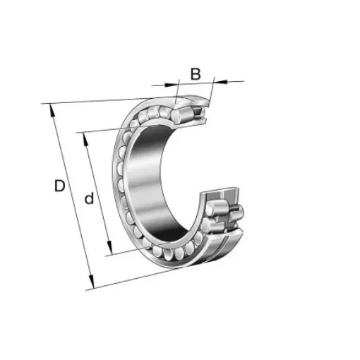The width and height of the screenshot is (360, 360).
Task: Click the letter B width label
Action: tap(196, 73)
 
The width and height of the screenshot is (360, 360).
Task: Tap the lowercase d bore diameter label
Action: tap(89, 199)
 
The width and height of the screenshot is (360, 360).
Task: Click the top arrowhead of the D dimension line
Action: tap(50, 108)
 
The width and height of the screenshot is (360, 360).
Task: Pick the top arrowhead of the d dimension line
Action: tap(85, 135)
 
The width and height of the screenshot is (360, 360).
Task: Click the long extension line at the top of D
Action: tap(106, 101)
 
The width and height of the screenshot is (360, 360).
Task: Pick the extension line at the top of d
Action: tap(106, 130)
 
